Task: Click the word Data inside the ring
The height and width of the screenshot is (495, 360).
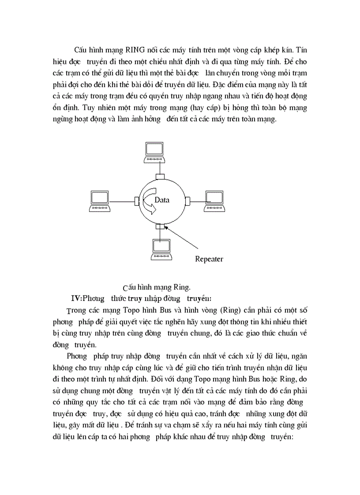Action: pyautogui.click(x=162, y=200)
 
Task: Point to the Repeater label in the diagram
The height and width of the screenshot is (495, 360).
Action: pyautogui.click(x=209, y=259)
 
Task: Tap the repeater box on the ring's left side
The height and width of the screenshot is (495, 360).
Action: pyautogui.click(x=137, y=201)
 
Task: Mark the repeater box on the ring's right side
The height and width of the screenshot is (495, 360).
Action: pyautogui.click(x=187, y=201)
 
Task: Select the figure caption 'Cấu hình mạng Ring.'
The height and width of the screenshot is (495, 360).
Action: pyautogui.click(x=157, y=287)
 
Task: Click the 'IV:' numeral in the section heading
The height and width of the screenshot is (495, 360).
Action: pyautogui.click(x=77, y=298)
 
